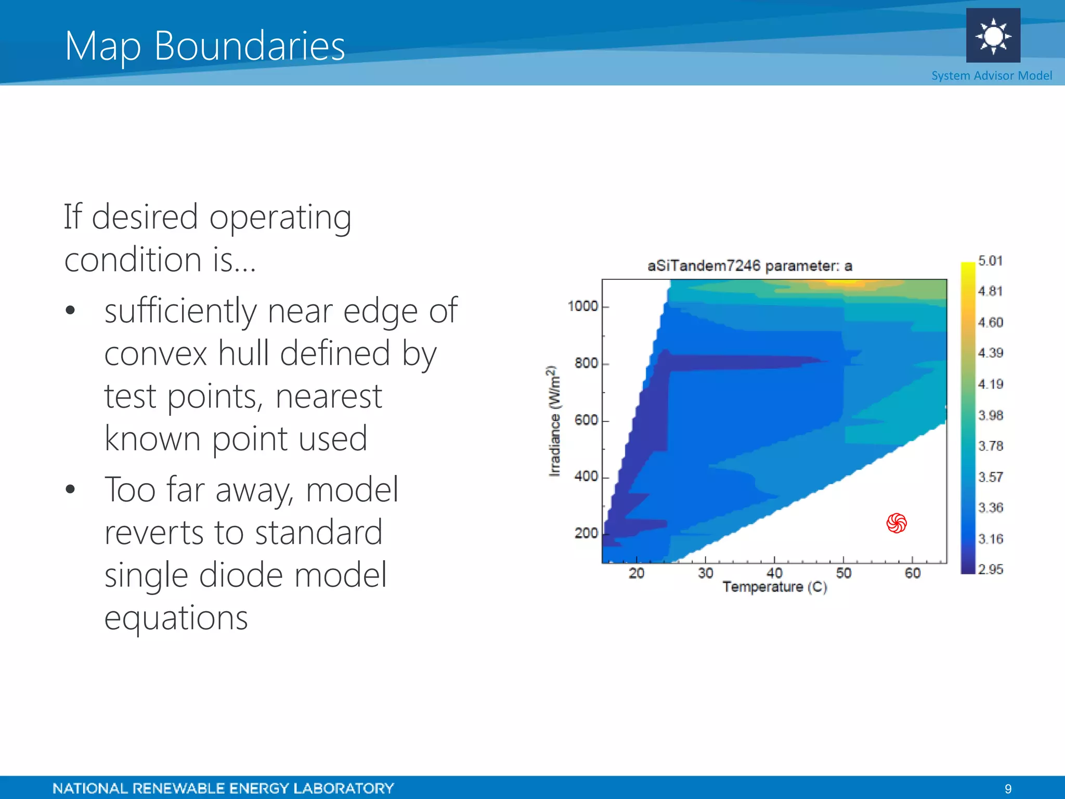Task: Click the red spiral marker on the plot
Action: coord(897,523)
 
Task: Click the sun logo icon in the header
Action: coord(993,36)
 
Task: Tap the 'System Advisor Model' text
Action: coord(991,76)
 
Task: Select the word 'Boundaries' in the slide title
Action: coord(250,46)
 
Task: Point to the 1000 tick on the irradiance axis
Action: coord(583,306)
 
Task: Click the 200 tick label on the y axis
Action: coord(586,533)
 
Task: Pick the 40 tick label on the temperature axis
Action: coord(774,573)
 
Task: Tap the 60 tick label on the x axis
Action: coord(913,573)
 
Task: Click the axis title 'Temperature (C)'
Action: coord(774,587)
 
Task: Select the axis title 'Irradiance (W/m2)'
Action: coord(555,421)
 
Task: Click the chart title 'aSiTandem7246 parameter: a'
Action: coord(749,266)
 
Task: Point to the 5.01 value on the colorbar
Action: coord(990,261)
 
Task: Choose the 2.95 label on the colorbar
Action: coord(990,570)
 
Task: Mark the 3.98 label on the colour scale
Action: coord(990,415)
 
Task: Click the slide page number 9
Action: coord(1008,789)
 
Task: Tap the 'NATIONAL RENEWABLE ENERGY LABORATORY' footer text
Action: coord(223,789)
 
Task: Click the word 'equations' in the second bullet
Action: coord(176,618)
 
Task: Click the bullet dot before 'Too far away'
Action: coord(71,489)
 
